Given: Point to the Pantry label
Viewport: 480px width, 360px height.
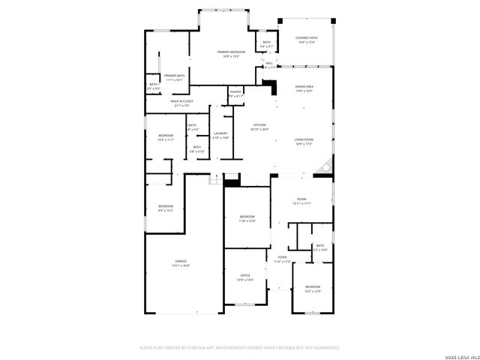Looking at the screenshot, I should (x=235, y=94).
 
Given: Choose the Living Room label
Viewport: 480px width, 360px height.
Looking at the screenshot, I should (x=304, y=142).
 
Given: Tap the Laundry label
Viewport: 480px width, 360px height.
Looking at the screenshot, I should (x=220, y=136).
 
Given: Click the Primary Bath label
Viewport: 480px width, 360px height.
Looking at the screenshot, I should (x=175, y=77).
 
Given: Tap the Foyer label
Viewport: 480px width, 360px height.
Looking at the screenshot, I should (x=282, y=259).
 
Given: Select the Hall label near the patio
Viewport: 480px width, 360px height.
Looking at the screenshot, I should (x=280, y=64).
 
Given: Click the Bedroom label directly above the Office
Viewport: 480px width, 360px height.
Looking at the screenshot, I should (x=247, y=218).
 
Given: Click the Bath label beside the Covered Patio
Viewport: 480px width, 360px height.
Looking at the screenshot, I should (x=265, y=44).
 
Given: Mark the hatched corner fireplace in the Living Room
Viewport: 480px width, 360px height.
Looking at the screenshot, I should (x=324, y=168).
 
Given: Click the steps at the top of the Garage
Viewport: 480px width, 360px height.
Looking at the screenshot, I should (x=215, y=180).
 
